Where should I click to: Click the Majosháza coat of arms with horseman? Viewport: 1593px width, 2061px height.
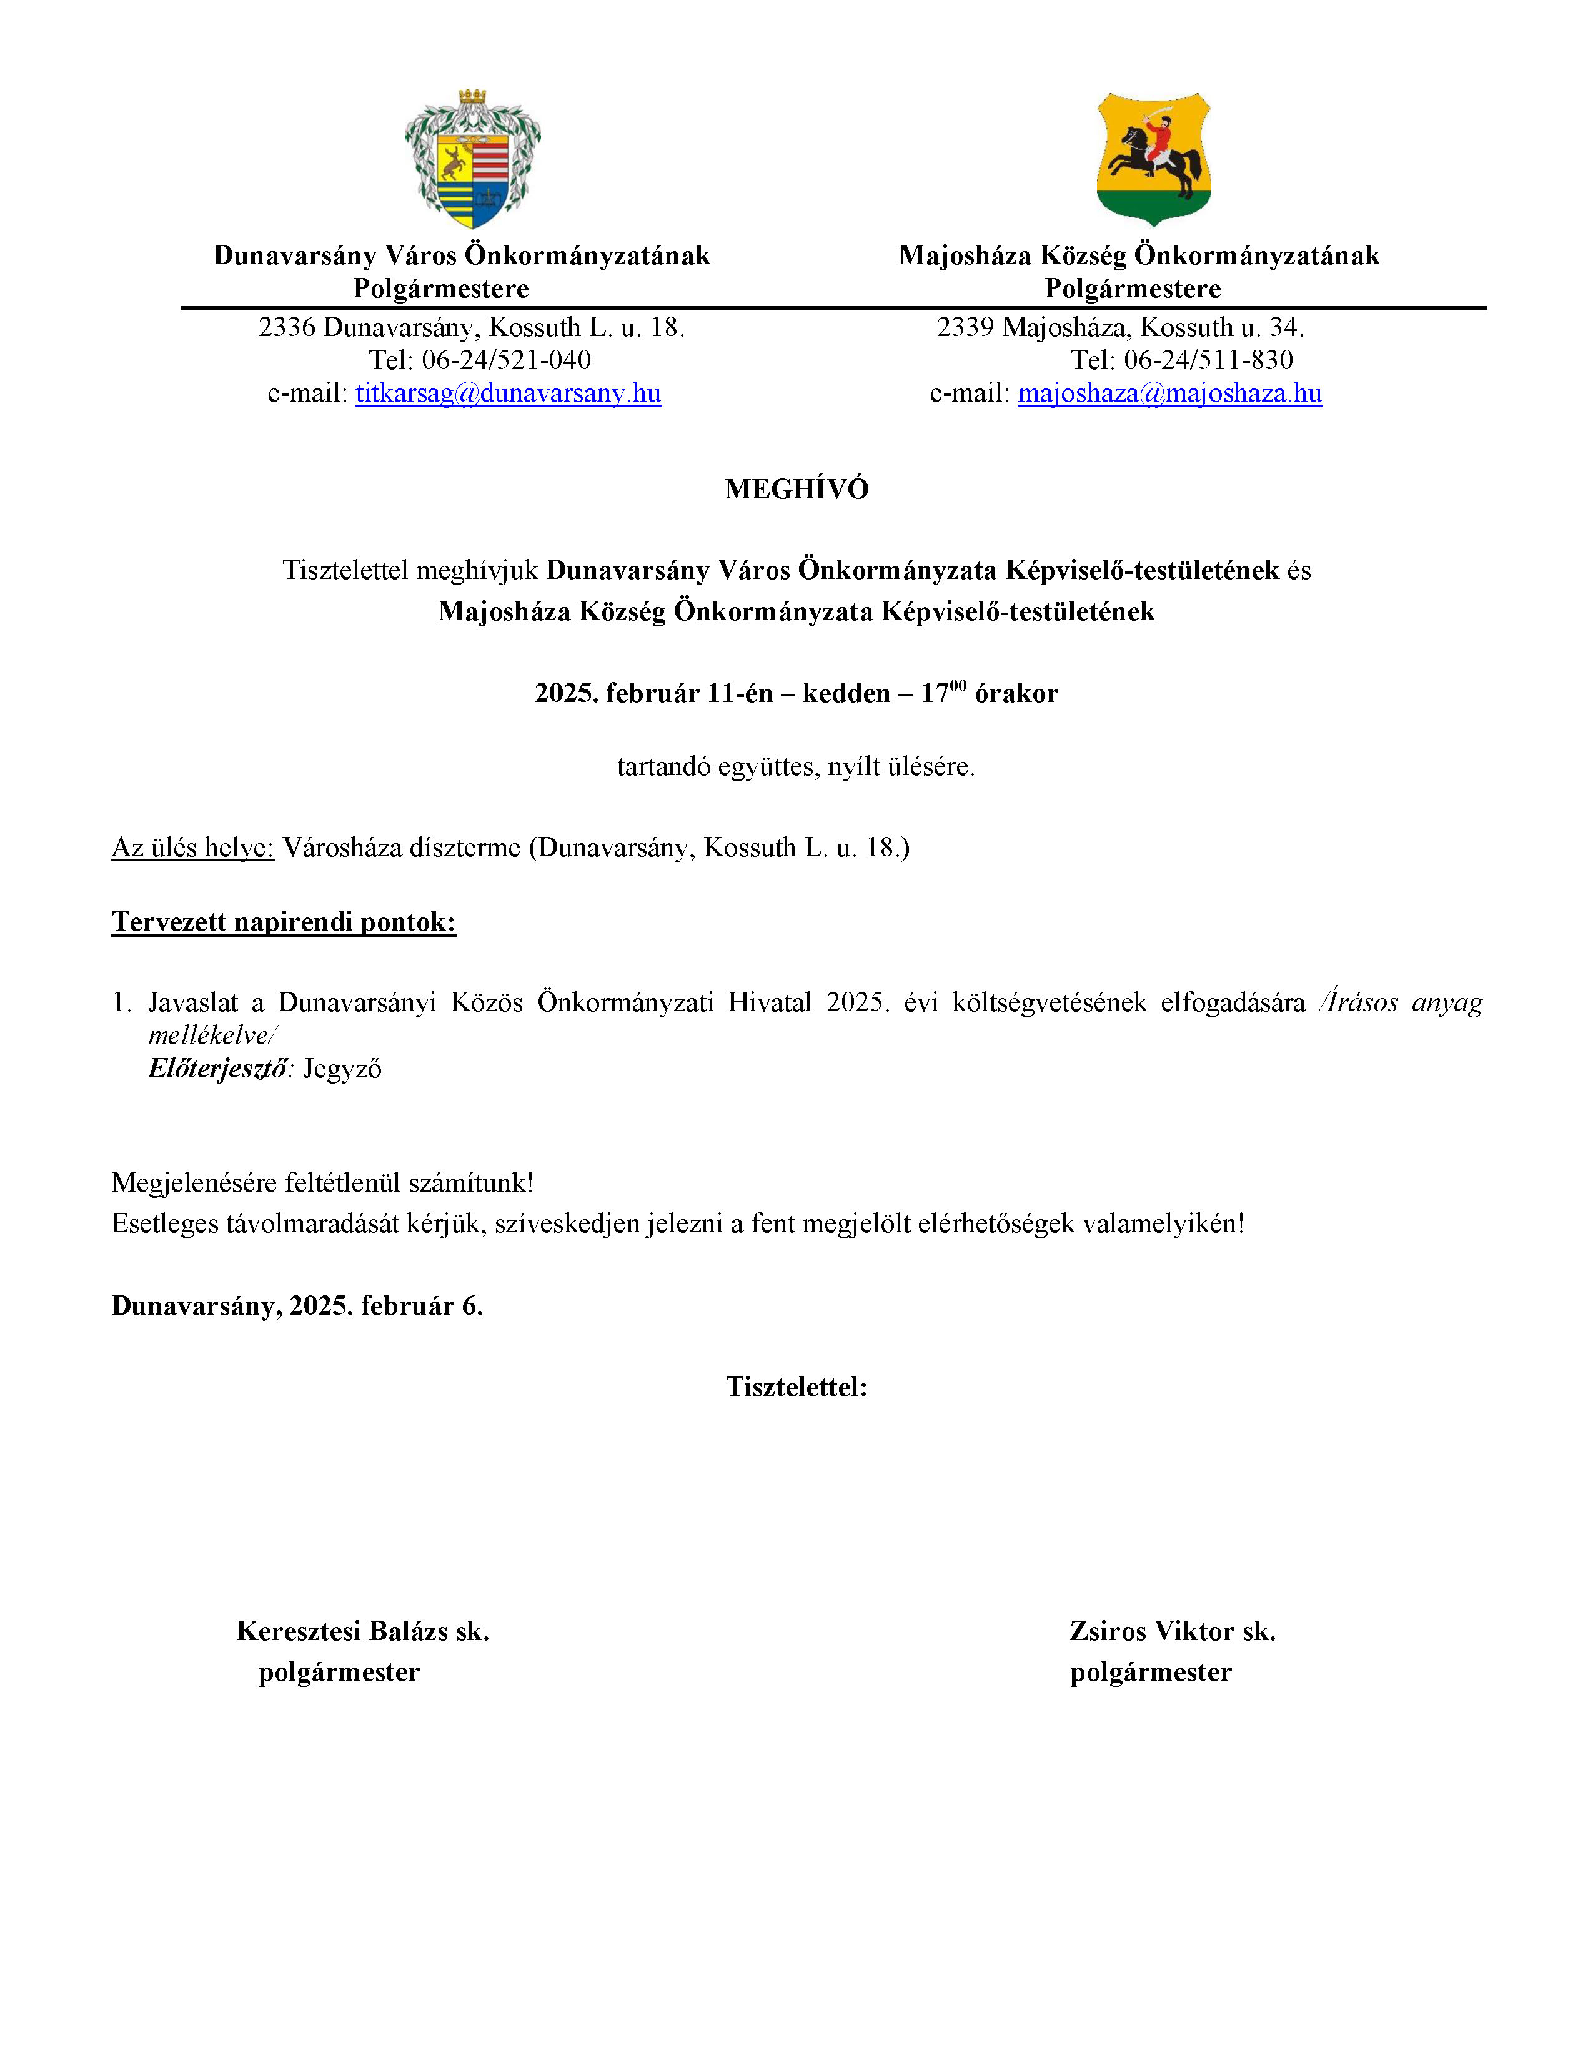[x=1153, y=159]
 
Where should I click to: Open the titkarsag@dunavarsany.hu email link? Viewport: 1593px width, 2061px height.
[x=508, y=393]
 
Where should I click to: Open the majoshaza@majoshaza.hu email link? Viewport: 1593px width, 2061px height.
[x=1169, y=393]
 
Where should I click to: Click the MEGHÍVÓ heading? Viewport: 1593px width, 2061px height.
[x=797, y=489]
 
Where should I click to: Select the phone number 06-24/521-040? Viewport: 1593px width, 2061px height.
[x=506, y=360]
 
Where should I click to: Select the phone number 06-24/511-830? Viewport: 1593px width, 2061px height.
[x=1208, y=360]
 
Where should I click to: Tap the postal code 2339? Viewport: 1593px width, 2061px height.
[x=965, y=327]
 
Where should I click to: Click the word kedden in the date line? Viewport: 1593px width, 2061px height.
[x=846, y=694]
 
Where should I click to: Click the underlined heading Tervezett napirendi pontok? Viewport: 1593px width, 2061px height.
[x=283, y=922]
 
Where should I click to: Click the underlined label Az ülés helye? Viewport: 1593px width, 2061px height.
[x=192, y=848]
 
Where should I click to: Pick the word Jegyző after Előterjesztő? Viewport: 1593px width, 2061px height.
[x=342, y=1069]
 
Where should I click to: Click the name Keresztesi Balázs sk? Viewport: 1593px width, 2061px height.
[x=362, y=1631]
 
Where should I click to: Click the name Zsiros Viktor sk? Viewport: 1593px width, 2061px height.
[x=1172, y=1631]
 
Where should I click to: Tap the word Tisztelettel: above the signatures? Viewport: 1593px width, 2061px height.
[x=797, y=1387]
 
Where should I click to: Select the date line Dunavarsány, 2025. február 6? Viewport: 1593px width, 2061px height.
[x=297, y=1306]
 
